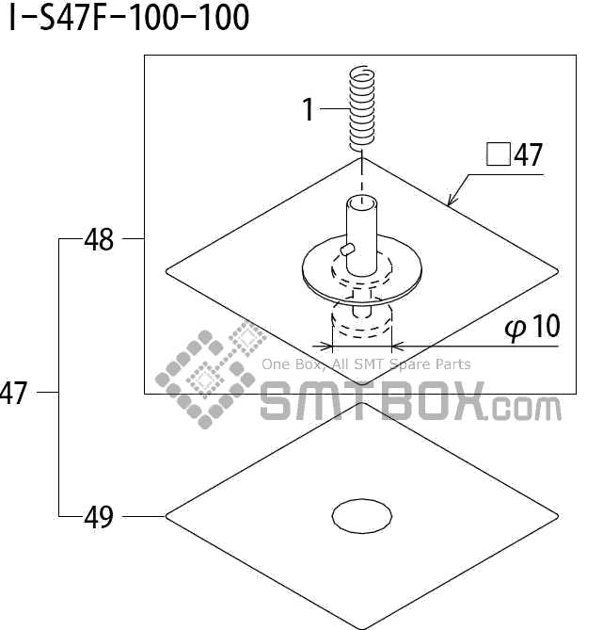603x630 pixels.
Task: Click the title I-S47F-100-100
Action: coord(130,18)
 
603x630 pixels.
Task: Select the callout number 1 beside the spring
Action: coord(309,110)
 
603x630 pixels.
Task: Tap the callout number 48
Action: coord(99,240)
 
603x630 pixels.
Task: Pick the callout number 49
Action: coord(99,517)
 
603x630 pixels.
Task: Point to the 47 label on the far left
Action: coord(13,393)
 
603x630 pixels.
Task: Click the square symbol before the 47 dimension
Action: coord(497,155)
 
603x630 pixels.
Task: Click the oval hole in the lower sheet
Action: coord(362,514)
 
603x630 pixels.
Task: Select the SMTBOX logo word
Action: coord(371,401)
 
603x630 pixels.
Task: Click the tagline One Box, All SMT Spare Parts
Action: coord(366,364)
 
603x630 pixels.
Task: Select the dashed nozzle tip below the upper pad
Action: coord(361,323)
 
